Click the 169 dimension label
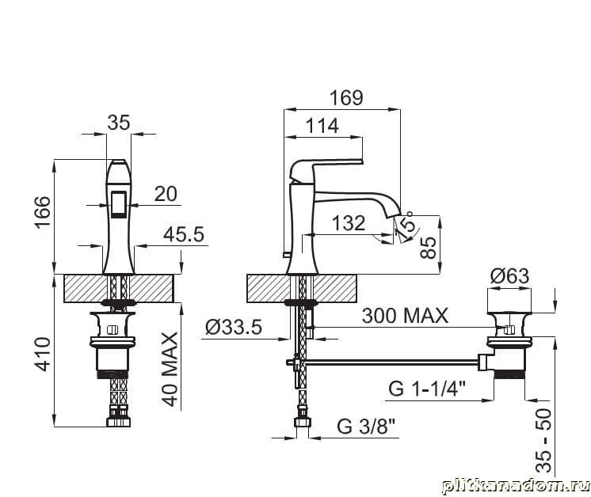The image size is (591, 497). coord(346,97)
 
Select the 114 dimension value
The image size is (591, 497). coord(322,126)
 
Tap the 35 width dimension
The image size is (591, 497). coord(118,123)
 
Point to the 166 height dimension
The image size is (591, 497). coord(43,211)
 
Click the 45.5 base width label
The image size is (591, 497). coord(184,234)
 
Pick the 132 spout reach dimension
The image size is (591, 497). coord(349,223)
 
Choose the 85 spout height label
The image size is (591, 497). coord(428,248)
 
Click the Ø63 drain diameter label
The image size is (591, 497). coord(509,276)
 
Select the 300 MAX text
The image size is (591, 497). coord(405,316)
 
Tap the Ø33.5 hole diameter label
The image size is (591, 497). coord(233,327)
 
